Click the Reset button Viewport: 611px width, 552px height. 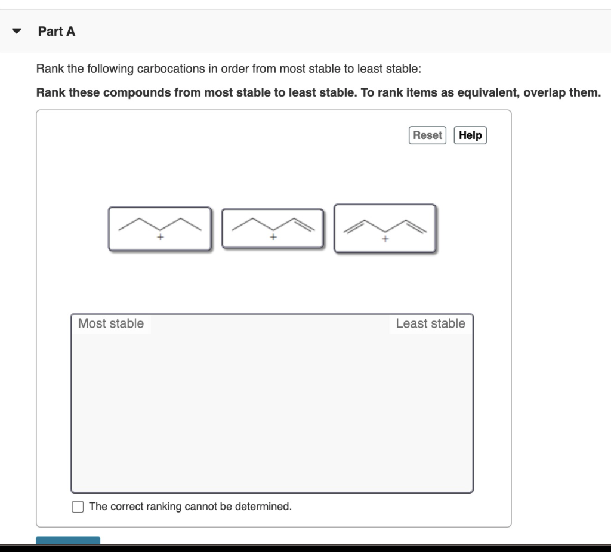(x=427, y=135)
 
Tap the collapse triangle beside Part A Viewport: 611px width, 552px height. (x=17, y=32)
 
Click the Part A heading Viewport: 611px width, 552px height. (x=57, y=32)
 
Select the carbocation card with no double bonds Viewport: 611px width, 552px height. (x=159, y=229)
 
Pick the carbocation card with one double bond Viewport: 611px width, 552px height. (x=273, y=229)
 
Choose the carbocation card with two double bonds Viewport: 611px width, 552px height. (x=385, y=229)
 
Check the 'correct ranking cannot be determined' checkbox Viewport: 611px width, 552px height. (x=78, y=507)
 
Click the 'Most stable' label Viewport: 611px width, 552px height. (x=111, y=323)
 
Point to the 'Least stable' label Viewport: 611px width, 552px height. (x=430, y=323)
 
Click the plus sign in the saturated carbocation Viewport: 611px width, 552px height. (x=160, y=238)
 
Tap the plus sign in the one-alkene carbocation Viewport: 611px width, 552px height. (x=273, y=238)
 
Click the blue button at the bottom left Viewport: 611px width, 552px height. (x=68, y=540)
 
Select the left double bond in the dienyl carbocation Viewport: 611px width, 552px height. (x=356, y=225)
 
